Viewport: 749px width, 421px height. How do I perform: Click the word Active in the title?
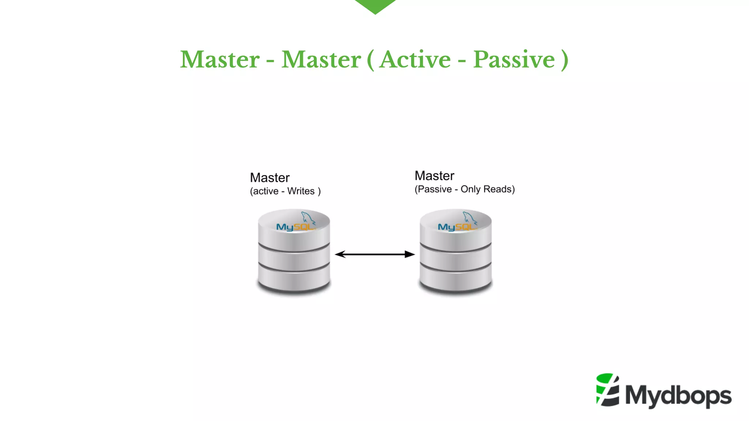415,60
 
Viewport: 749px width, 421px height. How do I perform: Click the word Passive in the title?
514,60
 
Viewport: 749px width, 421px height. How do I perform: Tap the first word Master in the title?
220,60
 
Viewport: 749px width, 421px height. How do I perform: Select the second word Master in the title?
321,60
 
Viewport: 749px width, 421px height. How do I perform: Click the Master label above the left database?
270,178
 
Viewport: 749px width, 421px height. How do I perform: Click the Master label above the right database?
434,176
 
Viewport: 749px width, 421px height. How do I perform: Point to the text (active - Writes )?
285,191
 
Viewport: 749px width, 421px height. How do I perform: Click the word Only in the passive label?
470,189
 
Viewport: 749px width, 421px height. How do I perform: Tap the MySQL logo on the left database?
296,227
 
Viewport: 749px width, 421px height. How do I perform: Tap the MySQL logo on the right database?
457,227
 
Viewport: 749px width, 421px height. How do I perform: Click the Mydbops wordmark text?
678,396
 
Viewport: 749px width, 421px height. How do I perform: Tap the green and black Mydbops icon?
607,390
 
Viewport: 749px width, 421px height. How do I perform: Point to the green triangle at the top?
375,5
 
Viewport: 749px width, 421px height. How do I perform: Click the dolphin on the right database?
470,218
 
